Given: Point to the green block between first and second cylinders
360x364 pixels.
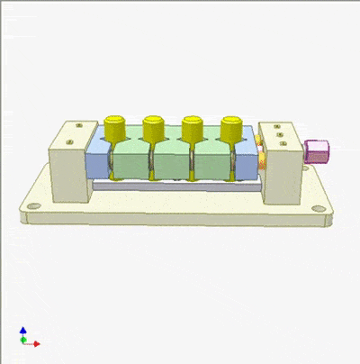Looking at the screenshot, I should [132, 158].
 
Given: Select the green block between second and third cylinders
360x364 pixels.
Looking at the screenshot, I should [171, 158].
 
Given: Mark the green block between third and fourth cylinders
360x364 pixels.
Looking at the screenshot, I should [210, 158].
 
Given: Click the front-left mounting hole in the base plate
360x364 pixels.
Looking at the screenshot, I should [34, 208].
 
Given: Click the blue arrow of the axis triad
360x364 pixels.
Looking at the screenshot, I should [23, 332].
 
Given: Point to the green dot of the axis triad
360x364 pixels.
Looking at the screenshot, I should [23, 342].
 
